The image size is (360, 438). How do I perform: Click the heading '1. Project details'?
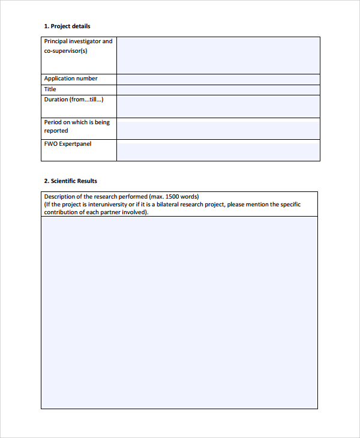click(67, 26)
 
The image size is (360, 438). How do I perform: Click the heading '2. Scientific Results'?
click(70, 181)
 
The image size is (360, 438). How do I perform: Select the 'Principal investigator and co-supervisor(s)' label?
click(78, 46)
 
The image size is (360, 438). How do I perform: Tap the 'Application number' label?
click(71, 79)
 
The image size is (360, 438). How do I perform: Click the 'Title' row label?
click(50, 89)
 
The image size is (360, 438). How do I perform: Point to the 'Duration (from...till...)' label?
click(74, 100)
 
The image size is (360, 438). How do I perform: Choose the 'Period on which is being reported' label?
click(77, 126)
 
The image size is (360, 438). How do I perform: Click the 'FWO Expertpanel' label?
click(68, 144)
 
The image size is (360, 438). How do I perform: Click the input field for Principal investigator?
click(218, 55)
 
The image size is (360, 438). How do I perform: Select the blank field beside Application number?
click(218, 79)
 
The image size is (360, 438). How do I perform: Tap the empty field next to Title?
click(218, 90)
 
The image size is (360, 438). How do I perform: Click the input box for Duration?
click(218, 106)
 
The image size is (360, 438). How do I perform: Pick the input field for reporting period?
click(218, 128)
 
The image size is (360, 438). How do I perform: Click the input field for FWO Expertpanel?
click(218, 151)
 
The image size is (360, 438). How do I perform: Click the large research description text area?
click(179, 312)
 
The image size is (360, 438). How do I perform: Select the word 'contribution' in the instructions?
click(61, 212)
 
